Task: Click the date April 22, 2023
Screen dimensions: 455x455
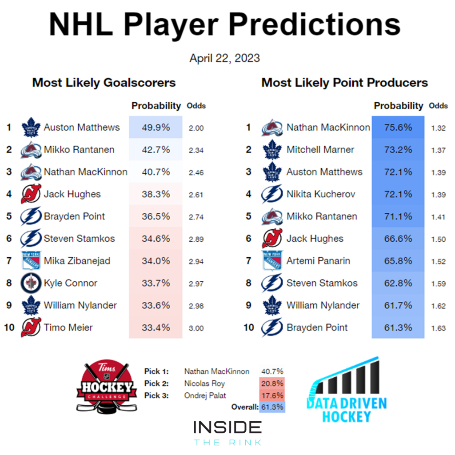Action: click(x=224, y=58)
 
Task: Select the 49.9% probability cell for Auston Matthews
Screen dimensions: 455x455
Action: click(x=156, y=128)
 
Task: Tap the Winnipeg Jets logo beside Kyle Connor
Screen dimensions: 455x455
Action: click(x=31, y=283)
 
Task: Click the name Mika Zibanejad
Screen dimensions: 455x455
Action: click(x=77, y=260)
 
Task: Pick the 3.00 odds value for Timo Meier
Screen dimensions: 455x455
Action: click(x=196, y=328)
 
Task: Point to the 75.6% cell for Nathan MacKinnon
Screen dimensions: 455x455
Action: click(x=398, y=128)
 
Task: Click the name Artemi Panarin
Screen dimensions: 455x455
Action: click(x=318, y=260)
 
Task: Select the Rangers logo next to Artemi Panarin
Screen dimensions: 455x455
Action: click(x=272, y=260)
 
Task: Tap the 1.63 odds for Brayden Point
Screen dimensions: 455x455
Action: click(x=438, y=328)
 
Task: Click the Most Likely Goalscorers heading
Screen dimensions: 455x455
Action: click(x=104, y=83)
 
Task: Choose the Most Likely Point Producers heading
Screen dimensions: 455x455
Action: click(x=344, y=83)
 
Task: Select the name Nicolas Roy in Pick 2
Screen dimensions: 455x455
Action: click(x=204, y=383)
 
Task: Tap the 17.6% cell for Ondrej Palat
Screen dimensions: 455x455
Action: click(x=272, y=395)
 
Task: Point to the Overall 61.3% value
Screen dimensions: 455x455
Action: click(x=272, y=407)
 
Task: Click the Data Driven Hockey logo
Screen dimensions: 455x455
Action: click(x=347, y=389)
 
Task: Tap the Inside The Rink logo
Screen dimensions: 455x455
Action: click(x=227, y=433)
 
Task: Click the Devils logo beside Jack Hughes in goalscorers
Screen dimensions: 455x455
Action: click(x=31, y=194)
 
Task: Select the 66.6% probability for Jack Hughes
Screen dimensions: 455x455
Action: click(x=398, y=239)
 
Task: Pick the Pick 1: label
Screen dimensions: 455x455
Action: click(x=156, y=371)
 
